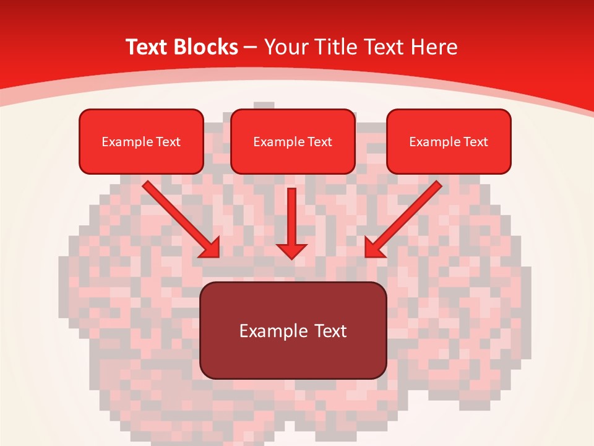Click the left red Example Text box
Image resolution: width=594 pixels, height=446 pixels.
(x=141, y=141)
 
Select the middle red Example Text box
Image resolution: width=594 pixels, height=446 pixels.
(x=293, y=141)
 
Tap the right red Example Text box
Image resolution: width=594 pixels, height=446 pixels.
(x=449, y=141)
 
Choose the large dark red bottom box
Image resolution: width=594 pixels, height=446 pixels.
(x=293, y=330)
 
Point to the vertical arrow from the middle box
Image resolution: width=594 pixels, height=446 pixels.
(x=291, y=217)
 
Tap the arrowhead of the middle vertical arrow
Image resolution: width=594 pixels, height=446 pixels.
(x=291, y=251)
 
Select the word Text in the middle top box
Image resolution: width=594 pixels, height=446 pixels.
(x=319, y=142)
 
